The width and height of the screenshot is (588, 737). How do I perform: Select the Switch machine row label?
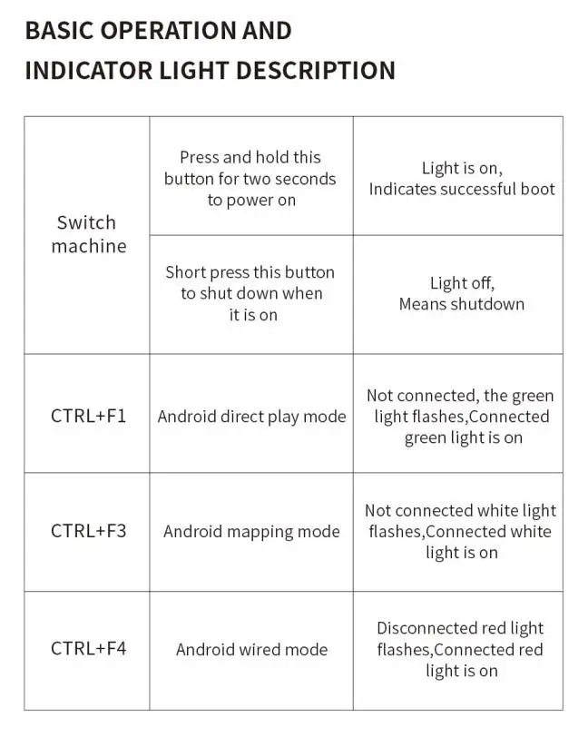pos(87,234)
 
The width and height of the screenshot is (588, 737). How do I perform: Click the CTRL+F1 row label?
pos(88,417)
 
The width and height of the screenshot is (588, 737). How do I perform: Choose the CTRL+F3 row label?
pos(88,531)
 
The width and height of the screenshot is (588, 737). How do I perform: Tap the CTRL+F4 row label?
pos(88,649)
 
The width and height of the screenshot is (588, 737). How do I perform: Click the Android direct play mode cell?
pos(251,417)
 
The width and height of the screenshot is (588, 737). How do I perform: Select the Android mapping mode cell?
pos(251,532)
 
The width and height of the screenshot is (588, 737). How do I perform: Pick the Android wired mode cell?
pos(251,650)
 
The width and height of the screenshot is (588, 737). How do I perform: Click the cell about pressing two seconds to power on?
pos(250,179)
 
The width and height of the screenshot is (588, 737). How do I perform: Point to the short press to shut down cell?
pos(250,293)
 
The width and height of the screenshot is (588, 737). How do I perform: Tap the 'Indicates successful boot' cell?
pos(461,179)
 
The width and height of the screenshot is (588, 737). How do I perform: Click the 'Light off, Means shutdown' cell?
pos(461,293)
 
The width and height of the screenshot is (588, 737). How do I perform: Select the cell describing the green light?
pos(461,417)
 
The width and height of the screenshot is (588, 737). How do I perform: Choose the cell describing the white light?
pos(461,532)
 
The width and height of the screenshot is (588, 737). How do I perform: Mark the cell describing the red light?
pos(461,650)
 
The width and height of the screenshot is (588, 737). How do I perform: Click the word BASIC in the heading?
pos(54,30)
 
